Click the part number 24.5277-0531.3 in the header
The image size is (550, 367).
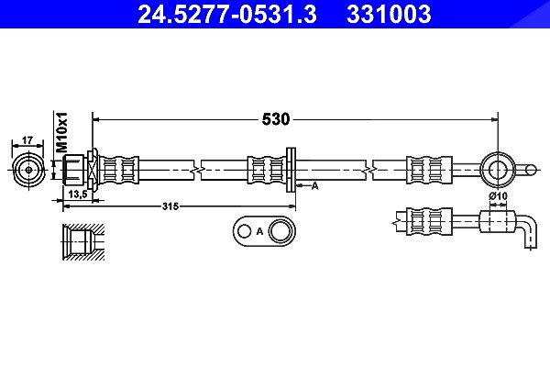click(227, 14)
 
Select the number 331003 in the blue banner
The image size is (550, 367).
click(389, 14)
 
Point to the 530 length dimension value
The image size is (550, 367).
click(276, 119)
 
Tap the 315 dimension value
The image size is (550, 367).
click(170, 206)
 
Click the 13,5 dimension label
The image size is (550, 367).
click(78, 194)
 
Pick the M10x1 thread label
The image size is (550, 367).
click(62, 132)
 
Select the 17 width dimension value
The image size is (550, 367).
click(27, 140)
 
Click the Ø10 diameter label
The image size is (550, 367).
click(498, 195)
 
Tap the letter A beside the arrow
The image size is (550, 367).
click(314, 186)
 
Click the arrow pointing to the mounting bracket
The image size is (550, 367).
click(302, 184)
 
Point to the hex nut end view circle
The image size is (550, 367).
click(28, 170)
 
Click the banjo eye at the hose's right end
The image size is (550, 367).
click(498, 170)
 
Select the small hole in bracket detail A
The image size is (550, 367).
click(244, 231)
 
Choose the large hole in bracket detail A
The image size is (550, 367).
click(280, 231)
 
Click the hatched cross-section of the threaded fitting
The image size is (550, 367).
click(83, 242)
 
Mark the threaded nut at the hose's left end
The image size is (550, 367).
click(73, 171)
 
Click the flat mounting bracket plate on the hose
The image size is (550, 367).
click(291, 170)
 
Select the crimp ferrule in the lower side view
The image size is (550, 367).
click(429, 222)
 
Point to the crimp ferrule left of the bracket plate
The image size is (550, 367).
click(267, 170)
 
